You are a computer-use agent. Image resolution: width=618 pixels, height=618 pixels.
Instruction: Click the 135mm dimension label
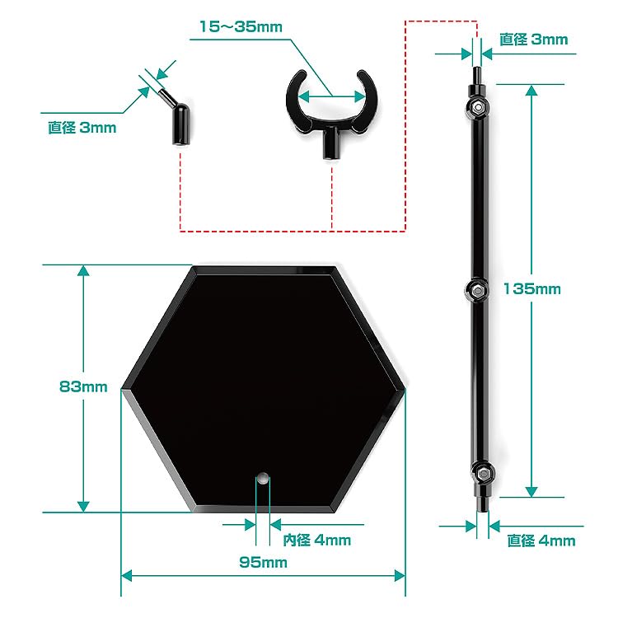point(531,289)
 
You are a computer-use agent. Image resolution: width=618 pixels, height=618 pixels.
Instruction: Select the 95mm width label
point(264,563)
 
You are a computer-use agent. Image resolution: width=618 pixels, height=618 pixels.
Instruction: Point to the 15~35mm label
point(241,26)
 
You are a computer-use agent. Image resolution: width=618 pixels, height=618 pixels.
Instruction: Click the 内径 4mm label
point(317,541)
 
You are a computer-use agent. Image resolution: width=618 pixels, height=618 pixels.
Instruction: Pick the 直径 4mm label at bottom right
point(541,541)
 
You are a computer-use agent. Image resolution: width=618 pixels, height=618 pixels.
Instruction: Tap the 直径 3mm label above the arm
point(533,39)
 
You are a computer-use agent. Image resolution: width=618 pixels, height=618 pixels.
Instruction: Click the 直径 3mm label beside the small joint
point(82,128)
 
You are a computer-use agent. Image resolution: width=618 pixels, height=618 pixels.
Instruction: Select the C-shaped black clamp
point(330,107)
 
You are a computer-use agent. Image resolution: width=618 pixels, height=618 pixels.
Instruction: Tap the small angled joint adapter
point(176,119)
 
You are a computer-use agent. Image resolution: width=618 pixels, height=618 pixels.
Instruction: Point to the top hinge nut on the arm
point(477,107)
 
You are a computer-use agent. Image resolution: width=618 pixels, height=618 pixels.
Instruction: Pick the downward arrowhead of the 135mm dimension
point(531,491)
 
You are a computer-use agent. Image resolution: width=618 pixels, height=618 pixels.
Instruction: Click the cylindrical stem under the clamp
point(332,145)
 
